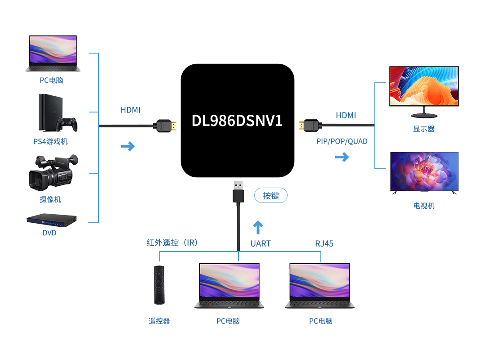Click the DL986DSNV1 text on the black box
pyautogui.click(x=237, y=121)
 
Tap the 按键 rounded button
pyautogui.click(x=271, y=196)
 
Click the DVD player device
pyautogui.click(x=51, y=220)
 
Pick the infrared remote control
pyautogui.click(x=159, y=285)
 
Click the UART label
pyautogui.click(x=261, y=243)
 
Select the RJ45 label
pyautogui.click(x=324, y=243)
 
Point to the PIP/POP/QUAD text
pyautogui.click(x=342, y=141)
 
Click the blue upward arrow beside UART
pyautogui.click(x=258, y=227)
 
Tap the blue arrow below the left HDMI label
pyautogui.click(x=128, y=146)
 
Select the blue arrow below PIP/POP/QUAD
pyautogui.click(x=342, y=157)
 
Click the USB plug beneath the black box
pyautogui.click(x=238, y=193)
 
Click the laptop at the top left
pyautogui.click(x=53, y=54)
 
